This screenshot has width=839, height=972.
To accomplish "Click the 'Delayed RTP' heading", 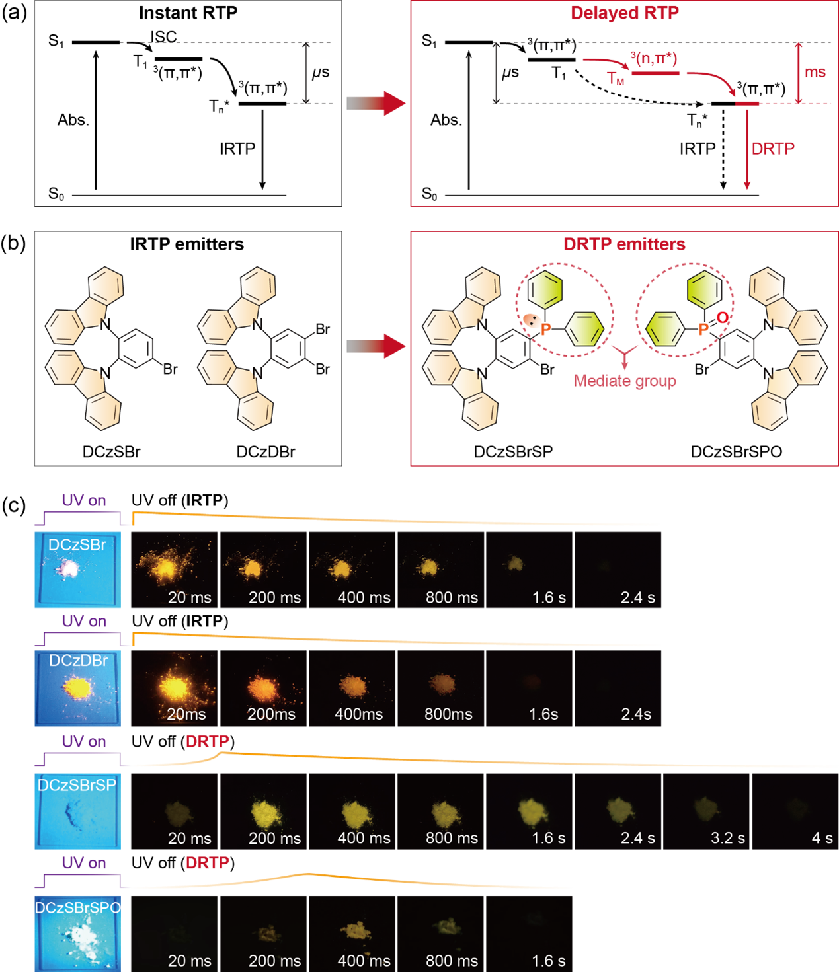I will tap(624, 13).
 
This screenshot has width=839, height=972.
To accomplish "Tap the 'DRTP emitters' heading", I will tap(624, 244).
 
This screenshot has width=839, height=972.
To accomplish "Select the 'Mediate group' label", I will tap(625, 381).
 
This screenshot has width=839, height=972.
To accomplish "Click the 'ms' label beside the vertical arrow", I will tap(815, 72).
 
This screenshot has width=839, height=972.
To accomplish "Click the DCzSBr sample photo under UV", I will tap(77, 570).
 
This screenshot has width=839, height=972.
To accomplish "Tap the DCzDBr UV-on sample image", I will tap(77, 689).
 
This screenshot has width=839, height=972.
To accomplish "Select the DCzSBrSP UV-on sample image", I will tap(77, 811).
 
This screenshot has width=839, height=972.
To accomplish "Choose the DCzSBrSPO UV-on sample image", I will tap(77, 934).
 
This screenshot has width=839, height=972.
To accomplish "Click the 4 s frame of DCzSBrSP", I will tap(795, 811).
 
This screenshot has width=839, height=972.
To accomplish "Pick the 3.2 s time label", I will tap(727, 838).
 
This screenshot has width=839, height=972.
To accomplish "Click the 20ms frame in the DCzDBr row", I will tap(175, 689).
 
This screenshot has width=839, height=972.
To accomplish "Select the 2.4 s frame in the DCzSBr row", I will tap(618, 570).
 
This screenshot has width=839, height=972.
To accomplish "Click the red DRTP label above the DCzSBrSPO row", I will tap(208, 863).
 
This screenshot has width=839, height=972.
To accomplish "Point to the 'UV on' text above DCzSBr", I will tap(84, 500).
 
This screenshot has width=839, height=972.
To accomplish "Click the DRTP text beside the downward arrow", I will tap(773, 149).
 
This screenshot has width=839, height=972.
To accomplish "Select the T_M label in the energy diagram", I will tap(616, 79).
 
